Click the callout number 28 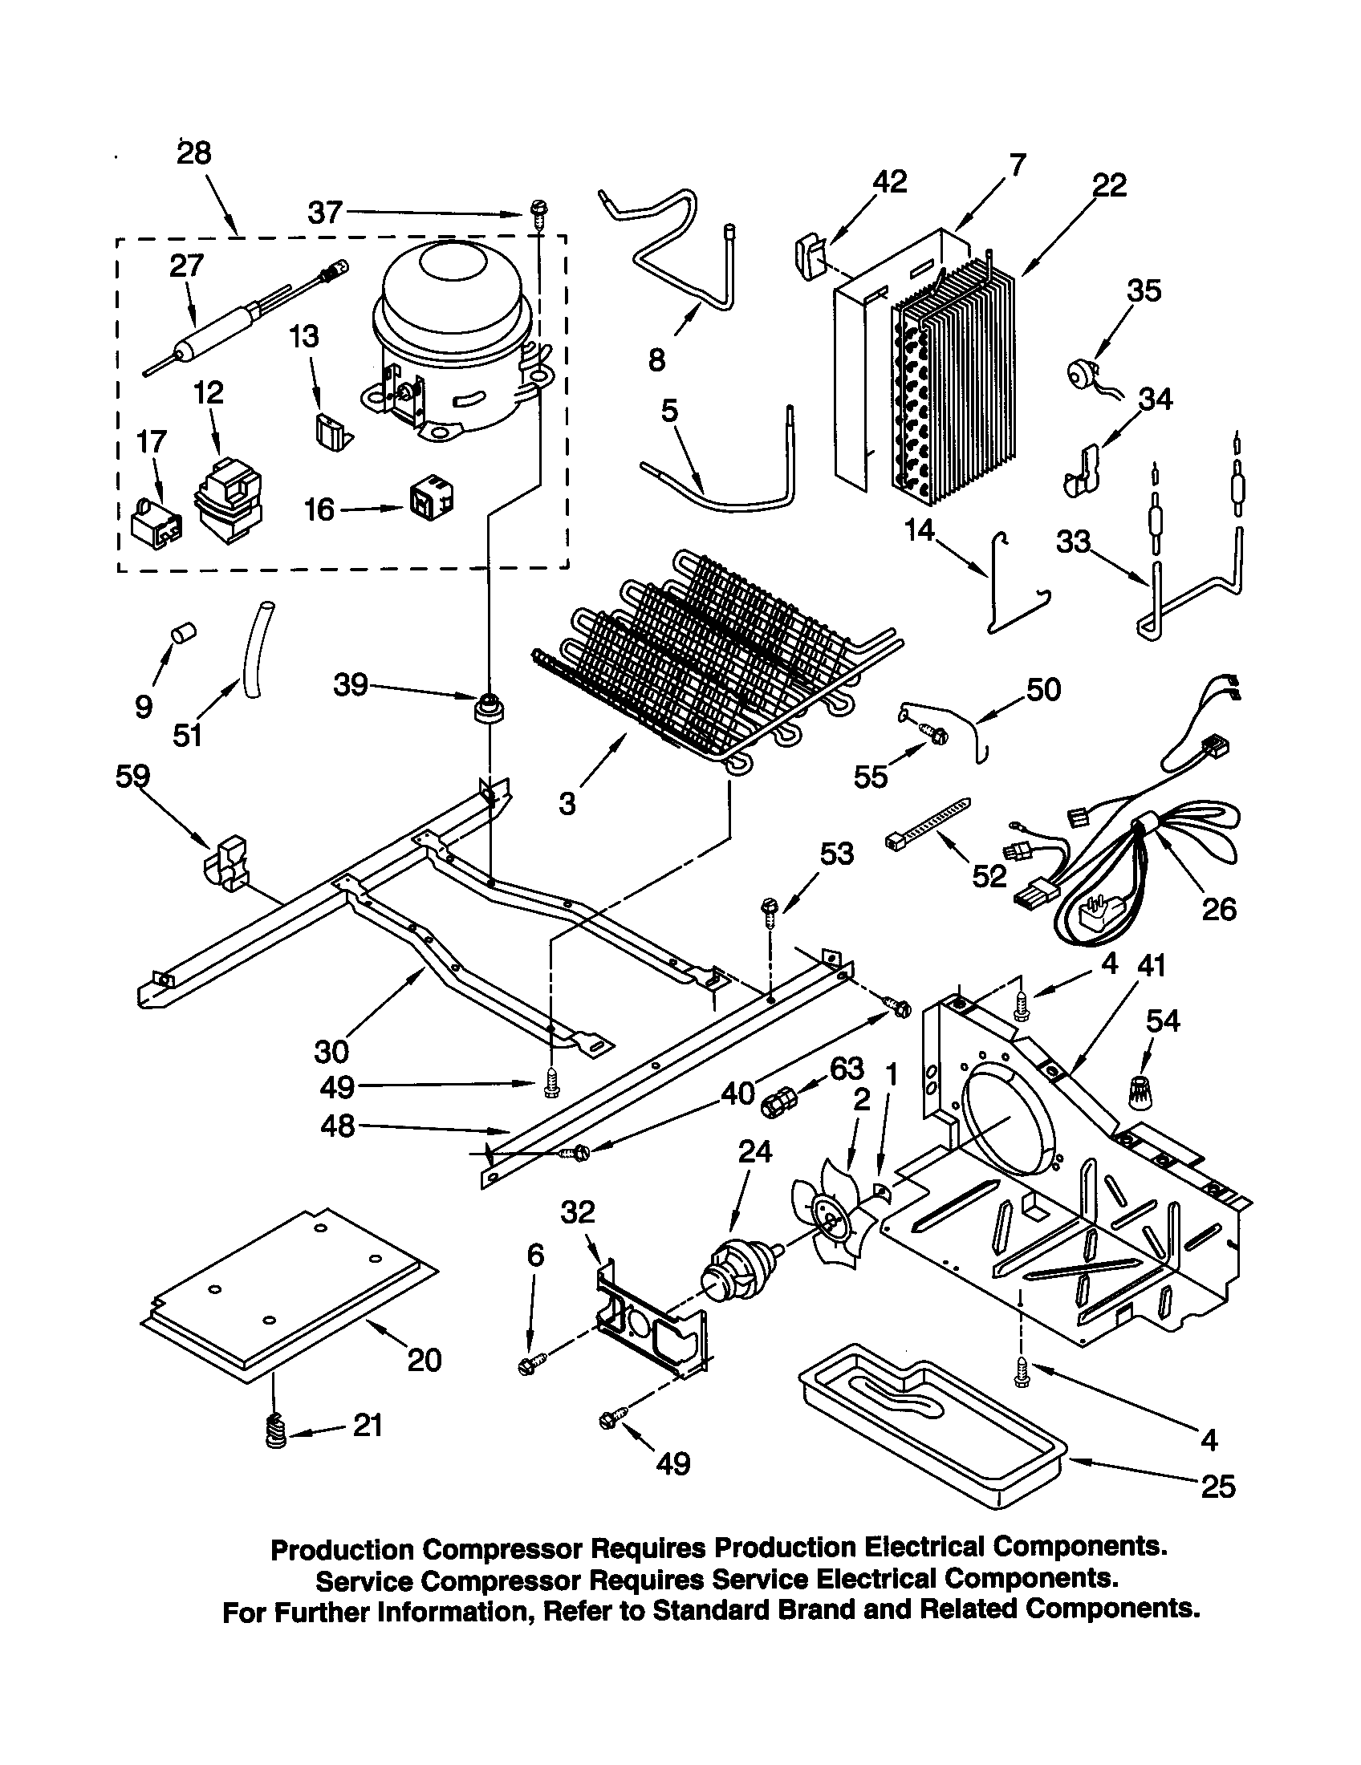194,152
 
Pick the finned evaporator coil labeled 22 953,379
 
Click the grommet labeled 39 487,708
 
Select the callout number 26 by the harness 1219,909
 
